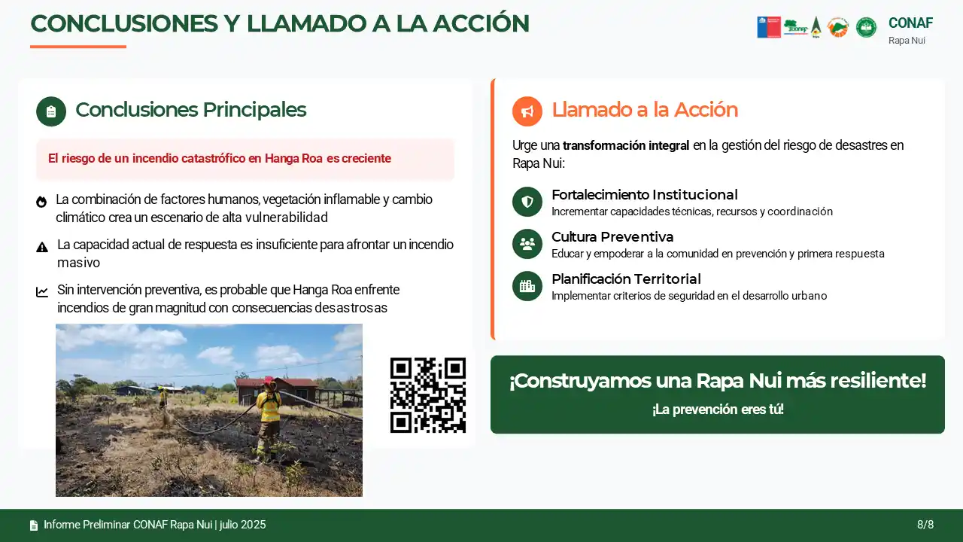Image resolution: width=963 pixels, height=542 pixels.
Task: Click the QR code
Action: coord(428,395)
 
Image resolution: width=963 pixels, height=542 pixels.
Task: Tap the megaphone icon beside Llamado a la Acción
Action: coord(527,111)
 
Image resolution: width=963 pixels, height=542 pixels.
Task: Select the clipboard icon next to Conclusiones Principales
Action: coord(51,111)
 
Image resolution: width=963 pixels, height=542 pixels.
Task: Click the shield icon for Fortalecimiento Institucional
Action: coord(527,201)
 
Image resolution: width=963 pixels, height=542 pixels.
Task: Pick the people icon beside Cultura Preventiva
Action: coord(527,244)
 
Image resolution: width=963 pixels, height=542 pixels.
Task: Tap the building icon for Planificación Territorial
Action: coord(527,286)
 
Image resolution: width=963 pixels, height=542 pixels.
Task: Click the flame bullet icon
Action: coord(41,202)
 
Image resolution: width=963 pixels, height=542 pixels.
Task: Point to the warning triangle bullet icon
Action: coord(42,248)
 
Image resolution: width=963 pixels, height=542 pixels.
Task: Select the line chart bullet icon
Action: coord(42,292)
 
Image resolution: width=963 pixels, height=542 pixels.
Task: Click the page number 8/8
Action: coord(925,525)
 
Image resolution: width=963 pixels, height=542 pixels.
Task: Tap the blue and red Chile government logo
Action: coord(769,28)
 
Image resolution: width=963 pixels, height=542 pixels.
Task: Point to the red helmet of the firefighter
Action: coord(269,381)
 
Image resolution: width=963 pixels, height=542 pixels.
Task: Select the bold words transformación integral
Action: coord(626,145)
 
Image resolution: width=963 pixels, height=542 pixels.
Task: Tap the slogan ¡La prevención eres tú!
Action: coord(718,409)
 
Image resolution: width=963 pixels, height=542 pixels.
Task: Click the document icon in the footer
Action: coord(34,525)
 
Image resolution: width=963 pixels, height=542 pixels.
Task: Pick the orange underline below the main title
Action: coord(78,47)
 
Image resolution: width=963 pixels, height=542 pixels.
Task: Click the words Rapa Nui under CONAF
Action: coord(907,41)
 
